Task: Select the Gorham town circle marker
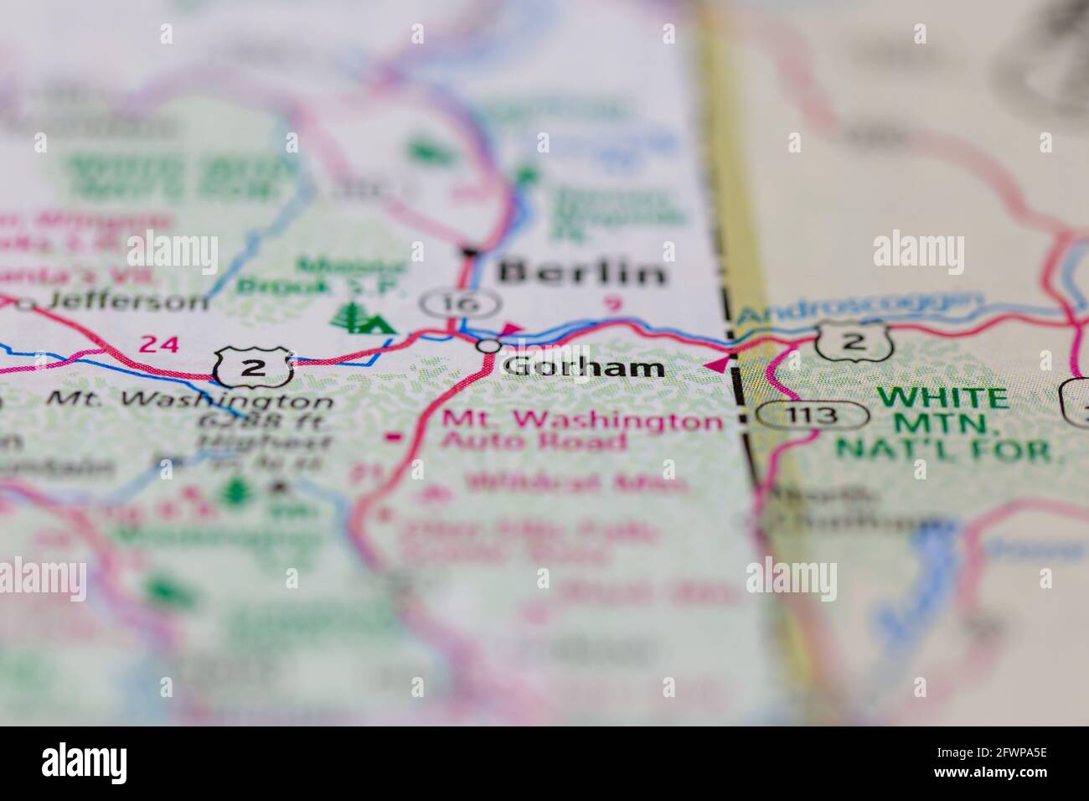[x=488, y=345]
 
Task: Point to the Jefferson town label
[x=127, y=301]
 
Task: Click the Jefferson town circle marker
[x=28, y=304]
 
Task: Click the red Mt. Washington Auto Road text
[x=578, y=431]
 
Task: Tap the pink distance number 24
[x=159, y=343]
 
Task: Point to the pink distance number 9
[x=614, y=305]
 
